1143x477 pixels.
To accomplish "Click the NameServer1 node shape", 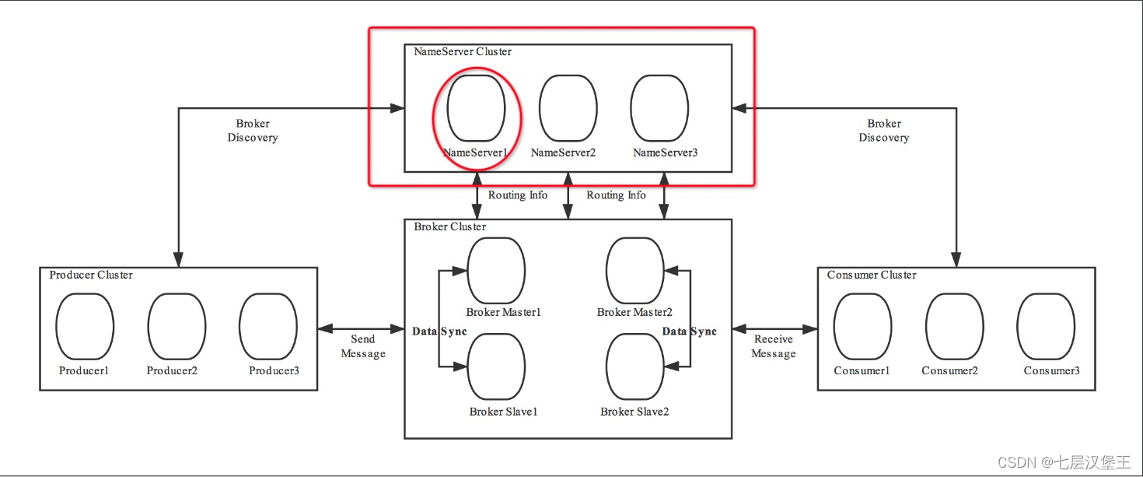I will click(x=476, y=108).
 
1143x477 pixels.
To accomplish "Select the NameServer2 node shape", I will click(x=568, y=108).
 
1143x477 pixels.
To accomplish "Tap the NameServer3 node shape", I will click(x=659, y=108).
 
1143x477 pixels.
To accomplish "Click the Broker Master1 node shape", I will click(x=496, y=271).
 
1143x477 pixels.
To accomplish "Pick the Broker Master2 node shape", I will click(x=634, y=271).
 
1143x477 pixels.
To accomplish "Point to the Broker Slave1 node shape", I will click(x=496, y=367).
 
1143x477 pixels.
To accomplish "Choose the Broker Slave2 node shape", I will click(x=634, y=367).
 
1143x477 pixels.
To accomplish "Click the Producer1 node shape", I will click(x=85, y=327).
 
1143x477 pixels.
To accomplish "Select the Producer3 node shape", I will click(x=268, y=327).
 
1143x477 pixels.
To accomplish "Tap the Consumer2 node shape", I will click(x=954, y=327).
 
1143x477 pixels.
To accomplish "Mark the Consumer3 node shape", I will click(x=1046, y=327).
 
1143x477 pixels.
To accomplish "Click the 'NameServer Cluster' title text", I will click(x=463, y=52).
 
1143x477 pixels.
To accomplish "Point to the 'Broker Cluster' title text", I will click(x=449, y=227).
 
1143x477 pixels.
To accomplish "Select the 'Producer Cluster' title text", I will click(x=91, y=275).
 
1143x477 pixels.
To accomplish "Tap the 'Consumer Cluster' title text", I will click(x=872, y=275).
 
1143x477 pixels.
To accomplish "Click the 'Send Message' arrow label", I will click(x=363, y=346).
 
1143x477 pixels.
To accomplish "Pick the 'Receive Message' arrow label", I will click(x=774, y=346).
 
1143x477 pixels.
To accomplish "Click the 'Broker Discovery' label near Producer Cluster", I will click(x=253, y=131).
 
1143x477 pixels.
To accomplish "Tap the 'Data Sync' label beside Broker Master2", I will click(x=689, y=331).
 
